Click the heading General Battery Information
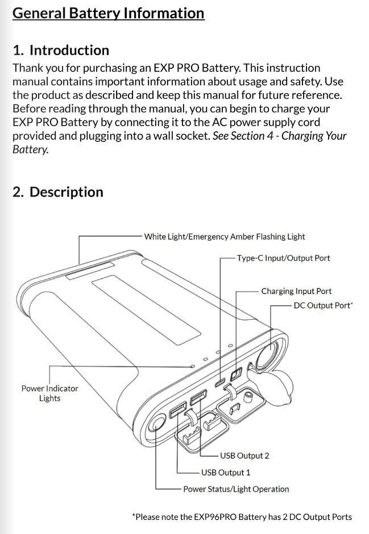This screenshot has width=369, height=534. coord(108,13)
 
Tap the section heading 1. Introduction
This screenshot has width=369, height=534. coord(61,50)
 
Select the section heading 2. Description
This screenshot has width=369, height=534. coord(58,192)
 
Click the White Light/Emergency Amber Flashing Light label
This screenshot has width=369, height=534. coord(225,236)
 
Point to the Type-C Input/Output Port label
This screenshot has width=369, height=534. coord(283,258)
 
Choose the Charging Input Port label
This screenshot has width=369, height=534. coord(296,291)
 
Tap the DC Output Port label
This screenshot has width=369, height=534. coord(323,306)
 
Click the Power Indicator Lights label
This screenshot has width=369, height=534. coord(49,393)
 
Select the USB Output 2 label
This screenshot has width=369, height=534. coord(244,456)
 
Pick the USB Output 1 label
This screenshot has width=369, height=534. coord(226,472)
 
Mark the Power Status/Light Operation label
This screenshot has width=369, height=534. coord(236,489)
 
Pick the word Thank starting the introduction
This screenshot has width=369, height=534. coord(27,68)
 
